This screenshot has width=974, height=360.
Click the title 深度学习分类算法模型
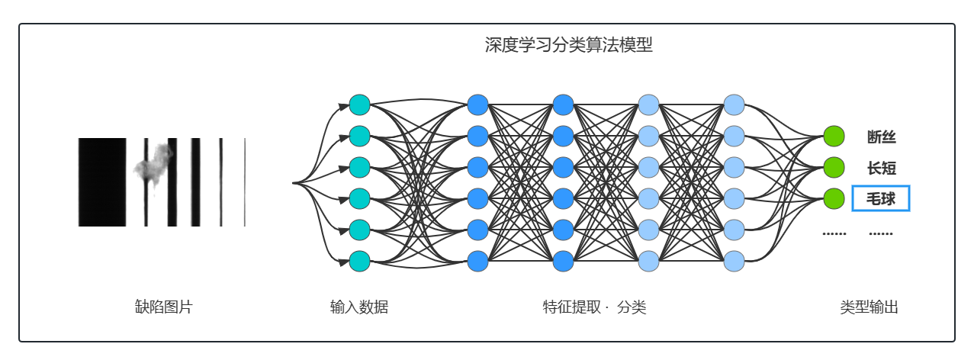click(x=568, y=46)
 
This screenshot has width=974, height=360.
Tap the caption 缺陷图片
click(x=164, y=307)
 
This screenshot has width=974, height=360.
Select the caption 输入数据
click(x=359, y=307)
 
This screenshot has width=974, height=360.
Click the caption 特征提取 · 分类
click(x=594, y=307)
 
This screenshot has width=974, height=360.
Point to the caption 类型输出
click(x=869, y=307)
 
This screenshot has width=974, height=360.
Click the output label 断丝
click(x=881, y=137)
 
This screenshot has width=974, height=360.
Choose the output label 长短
click(x=881, y=168)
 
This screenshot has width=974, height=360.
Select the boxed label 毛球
click(x=881, y=199)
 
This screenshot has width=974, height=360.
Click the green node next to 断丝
click(x=834, y=137)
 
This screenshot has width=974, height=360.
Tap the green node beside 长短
click(x=834, y=168)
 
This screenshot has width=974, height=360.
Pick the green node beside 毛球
click(x=834, y=199)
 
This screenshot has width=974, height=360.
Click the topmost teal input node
click(x=359, y=104)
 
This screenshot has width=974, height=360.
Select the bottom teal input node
click(x=359, y=261)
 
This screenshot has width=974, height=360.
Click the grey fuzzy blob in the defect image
click(x=153, y=165)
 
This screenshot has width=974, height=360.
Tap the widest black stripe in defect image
click(x=102, y=182)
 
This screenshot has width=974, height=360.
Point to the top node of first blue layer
click(x=477, y=104)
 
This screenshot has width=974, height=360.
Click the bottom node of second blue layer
click(x=563, y=261)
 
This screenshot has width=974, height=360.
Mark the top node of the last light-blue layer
click(x=734, y=104)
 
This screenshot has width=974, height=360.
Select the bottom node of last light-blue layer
click(x=734, y=261)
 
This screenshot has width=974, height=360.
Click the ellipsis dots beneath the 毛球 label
click(x=881, y=233)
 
